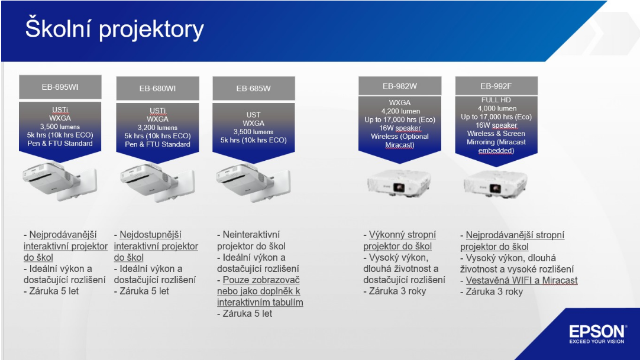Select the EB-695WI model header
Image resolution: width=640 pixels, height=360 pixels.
60,87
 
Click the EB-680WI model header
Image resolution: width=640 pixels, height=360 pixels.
157,89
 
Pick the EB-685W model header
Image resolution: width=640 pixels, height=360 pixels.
254,89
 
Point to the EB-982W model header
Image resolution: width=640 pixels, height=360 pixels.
400,86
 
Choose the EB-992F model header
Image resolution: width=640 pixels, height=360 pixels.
496,86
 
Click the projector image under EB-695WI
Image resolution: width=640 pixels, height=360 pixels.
60,181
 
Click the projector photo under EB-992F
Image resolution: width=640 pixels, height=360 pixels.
496,183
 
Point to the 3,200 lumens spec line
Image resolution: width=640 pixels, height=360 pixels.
157,128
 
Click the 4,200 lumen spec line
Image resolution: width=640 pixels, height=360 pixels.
401,111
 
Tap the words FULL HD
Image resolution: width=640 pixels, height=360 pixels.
496,100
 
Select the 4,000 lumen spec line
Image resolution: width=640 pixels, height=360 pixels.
497,108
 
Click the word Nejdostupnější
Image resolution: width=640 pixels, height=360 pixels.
150,235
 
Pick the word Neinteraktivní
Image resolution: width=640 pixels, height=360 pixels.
251,235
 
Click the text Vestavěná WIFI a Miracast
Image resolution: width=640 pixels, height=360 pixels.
522,281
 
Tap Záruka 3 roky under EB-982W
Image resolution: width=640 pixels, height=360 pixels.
397,291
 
